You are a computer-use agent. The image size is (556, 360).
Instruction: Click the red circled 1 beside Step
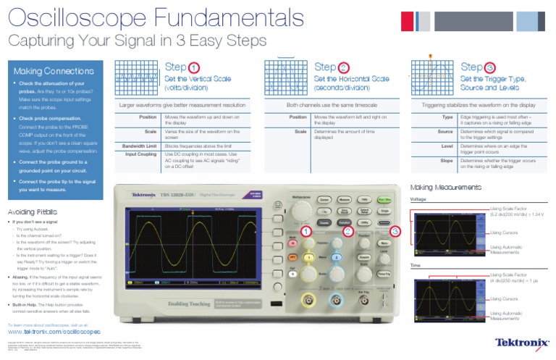coord(194,67)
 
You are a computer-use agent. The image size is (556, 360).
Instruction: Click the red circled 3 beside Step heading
coord(490,67)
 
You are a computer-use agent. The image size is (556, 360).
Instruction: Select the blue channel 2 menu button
coord(336,257)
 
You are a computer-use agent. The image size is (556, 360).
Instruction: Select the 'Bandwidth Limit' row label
coord(141,146)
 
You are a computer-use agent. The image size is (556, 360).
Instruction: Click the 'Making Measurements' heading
coord(445,187)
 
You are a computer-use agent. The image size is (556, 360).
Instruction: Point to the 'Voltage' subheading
coord(418,198)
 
